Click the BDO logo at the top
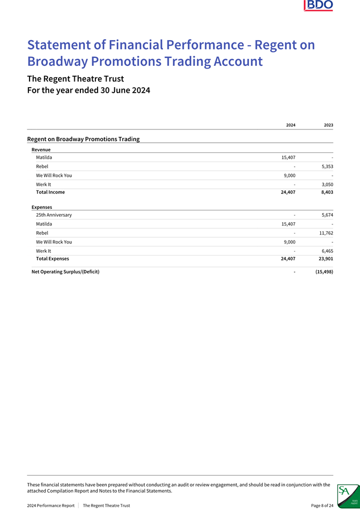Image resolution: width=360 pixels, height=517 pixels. point(318,6)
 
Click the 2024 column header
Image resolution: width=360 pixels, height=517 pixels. point(291,125)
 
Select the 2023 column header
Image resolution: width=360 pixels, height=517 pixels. point(329,125)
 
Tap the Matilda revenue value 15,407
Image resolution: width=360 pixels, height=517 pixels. point(287,157)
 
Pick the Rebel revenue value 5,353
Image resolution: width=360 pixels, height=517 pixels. point(325,166)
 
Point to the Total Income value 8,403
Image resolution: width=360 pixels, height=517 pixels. point(325,192)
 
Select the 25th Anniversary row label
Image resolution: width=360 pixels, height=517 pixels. point(54,215)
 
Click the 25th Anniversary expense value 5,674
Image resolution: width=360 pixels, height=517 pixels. point(325,215)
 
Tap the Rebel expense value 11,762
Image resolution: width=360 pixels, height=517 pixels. point(323,233)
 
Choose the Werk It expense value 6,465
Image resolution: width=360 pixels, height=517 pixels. point(325,251)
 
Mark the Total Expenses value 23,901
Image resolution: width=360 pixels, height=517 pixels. point(323,258)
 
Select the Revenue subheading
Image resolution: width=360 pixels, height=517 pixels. point(41,150)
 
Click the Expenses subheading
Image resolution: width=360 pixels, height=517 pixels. point(42,207)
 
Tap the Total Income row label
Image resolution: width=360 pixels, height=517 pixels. point(50,192)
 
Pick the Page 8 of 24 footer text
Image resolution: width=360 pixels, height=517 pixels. point(322,506)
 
